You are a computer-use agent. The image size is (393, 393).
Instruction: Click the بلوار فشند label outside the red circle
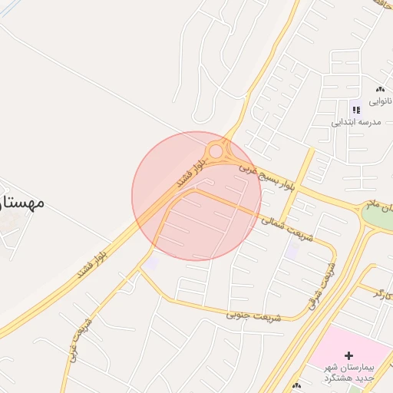[96, 261]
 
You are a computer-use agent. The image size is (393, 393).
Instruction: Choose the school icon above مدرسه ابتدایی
[355, 110]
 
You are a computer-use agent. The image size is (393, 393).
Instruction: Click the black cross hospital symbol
[349, 355]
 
